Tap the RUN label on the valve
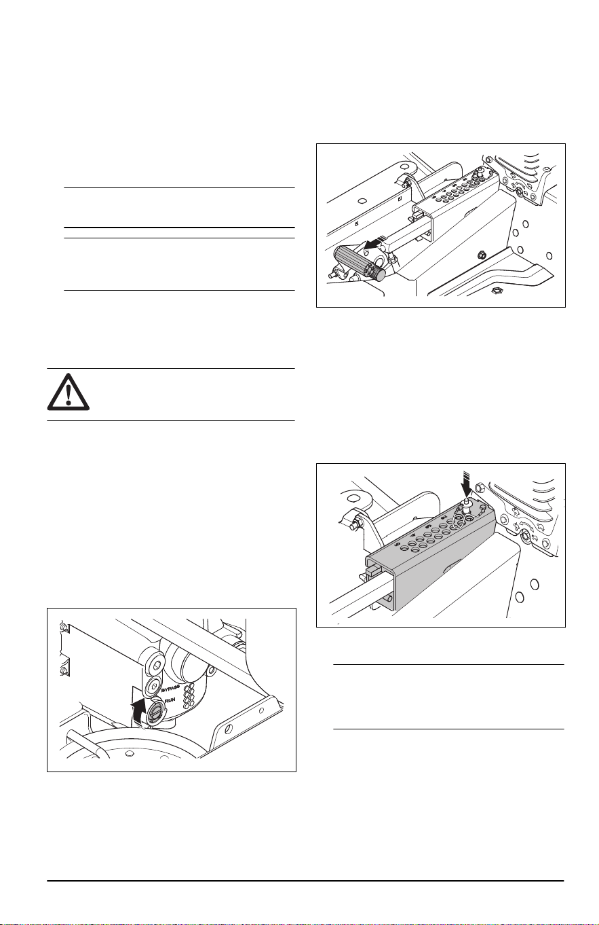point(170,701)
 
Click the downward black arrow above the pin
point(467,486)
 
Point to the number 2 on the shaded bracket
point(444,518)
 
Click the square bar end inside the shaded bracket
point(372,572)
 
